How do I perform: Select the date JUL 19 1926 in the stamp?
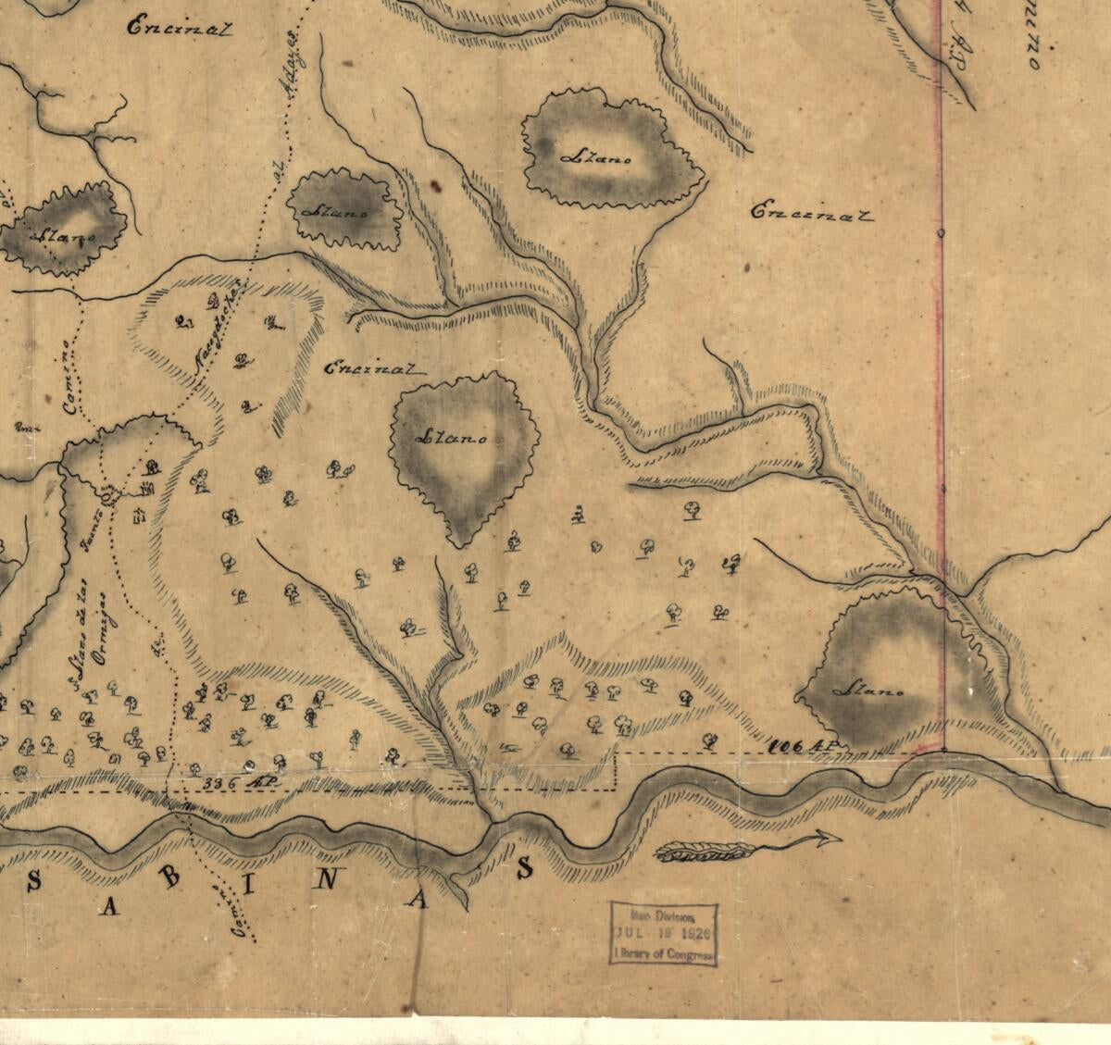(663, 935)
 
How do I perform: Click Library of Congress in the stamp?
(663, 954)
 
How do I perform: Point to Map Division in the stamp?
(663, 915)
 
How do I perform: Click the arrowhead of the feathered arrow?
(829, 839)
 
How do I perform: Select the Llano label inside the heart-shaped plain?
(454, 437)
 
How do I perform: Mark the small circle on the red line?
(942, 232)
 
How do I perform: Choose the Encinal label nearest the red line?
(811, 212)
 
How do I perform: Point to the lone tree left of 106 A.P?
(710, 740)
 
